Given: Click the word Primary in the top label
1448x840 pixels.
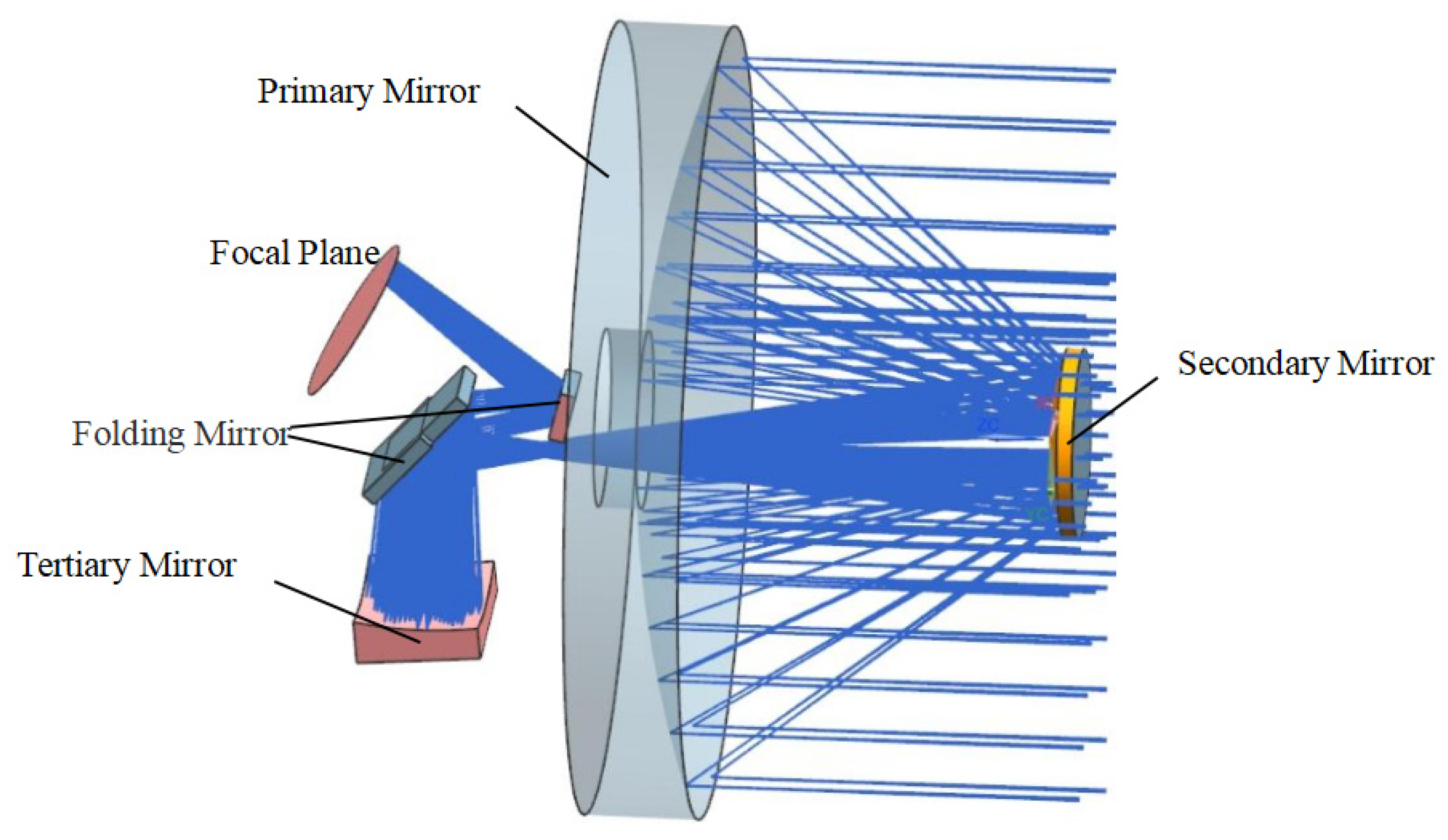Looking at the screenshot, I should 314,92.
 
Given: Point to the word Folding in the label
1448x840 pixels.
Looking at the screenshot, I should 128,434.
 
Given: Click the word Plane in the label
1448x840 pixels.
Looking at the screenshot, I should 338,253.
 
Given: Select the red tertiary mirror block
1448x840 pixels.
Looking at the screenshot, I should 418,640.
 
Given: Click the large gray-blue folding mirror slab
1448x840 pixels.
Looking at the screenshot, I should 415,436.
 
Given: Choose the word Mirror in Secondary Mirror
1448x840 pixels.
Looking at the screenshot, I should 1386,363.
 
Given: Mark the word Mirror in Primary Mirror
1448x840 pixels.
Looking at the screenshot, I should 431,92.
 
